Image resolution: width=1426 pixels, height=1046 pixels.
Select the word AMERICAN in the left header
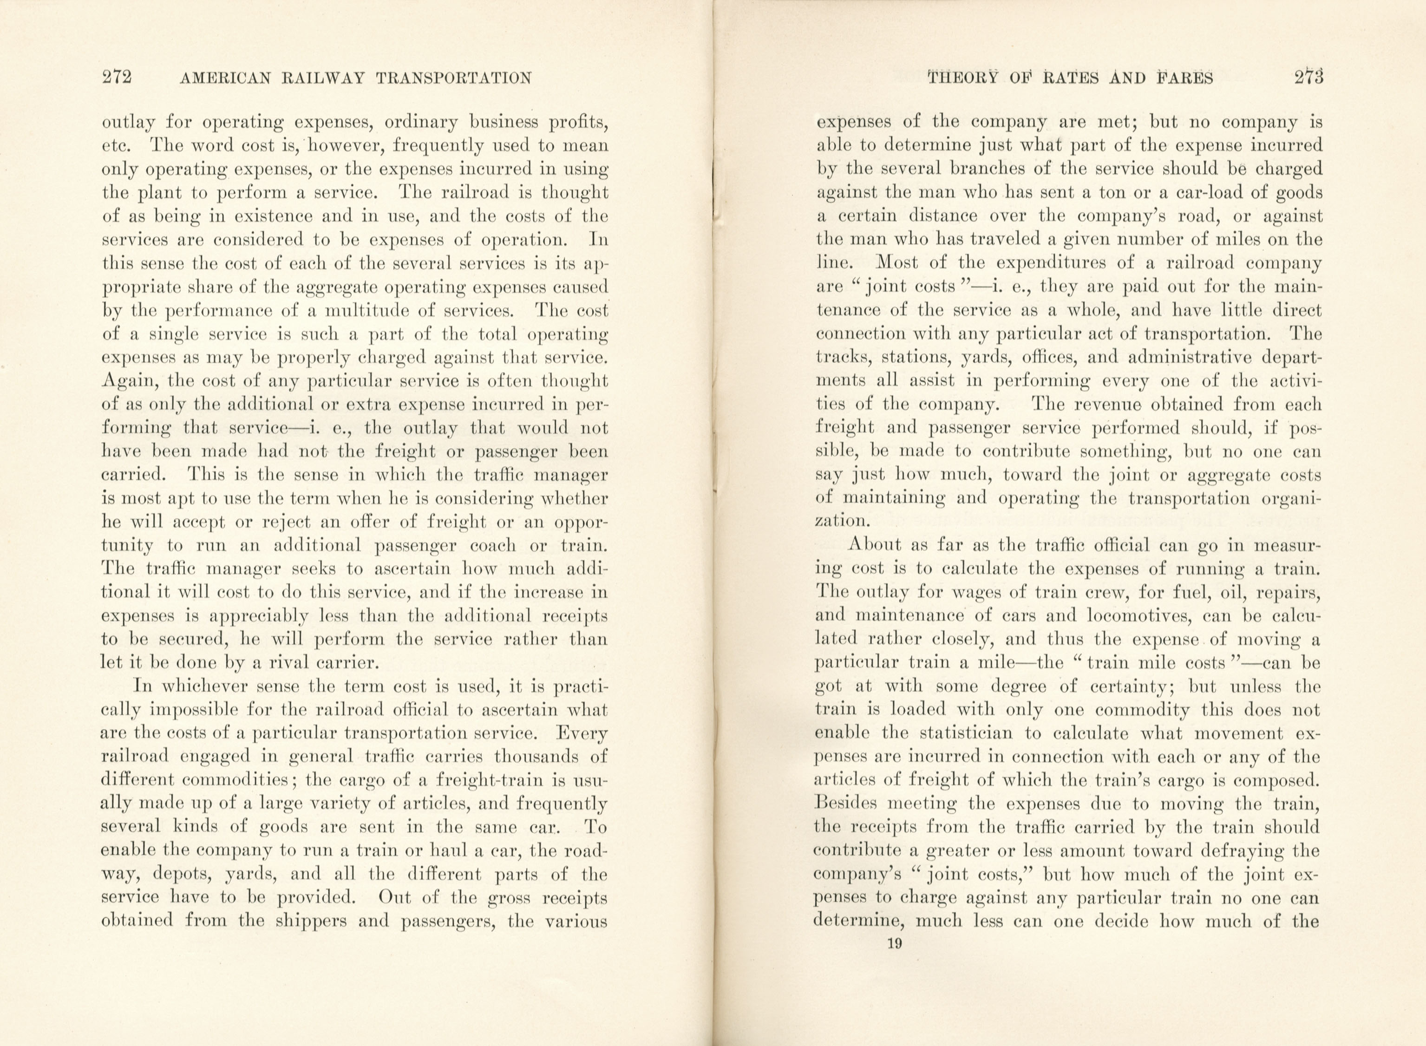coord(225,78)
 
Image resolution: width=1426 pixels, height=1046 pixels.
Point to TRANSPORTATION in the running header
coord(453,78)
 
